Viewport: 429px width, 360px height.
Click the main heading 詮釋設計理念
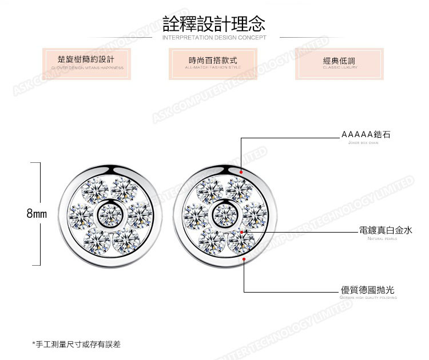pos(214,23)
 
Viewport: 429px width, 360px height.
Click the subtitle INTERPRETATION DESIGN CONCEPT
pos(214,38)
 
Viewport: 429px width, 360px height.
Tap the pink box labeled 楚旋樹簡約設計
pos(87,63)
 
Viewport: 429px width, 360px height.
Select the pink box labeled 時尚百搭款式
pos(213,63)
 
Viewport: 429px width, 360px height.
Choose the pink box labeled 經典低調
pos(340,63)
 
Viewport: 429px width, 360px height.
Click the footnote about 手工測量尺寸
pos(77,345)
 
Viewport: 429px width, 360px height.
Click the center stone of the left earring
pos(109,215)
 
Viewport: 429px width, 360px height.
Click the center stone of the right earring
pos(225,215)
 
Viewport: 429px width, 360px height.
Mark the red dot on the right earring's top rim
pos(242,171)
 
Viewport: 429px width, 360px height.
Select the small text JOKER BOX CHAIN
pos(363,143)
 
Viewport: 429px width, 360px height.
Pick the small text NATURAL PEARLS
pos(382,239)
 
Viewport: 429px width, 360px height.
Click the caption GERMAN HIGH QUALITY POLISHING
pos(368,298)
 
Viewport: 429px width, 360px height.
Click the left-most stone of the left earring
pos(81,215)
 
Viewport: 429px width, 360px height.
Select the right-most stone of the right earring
pos(255,215)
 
